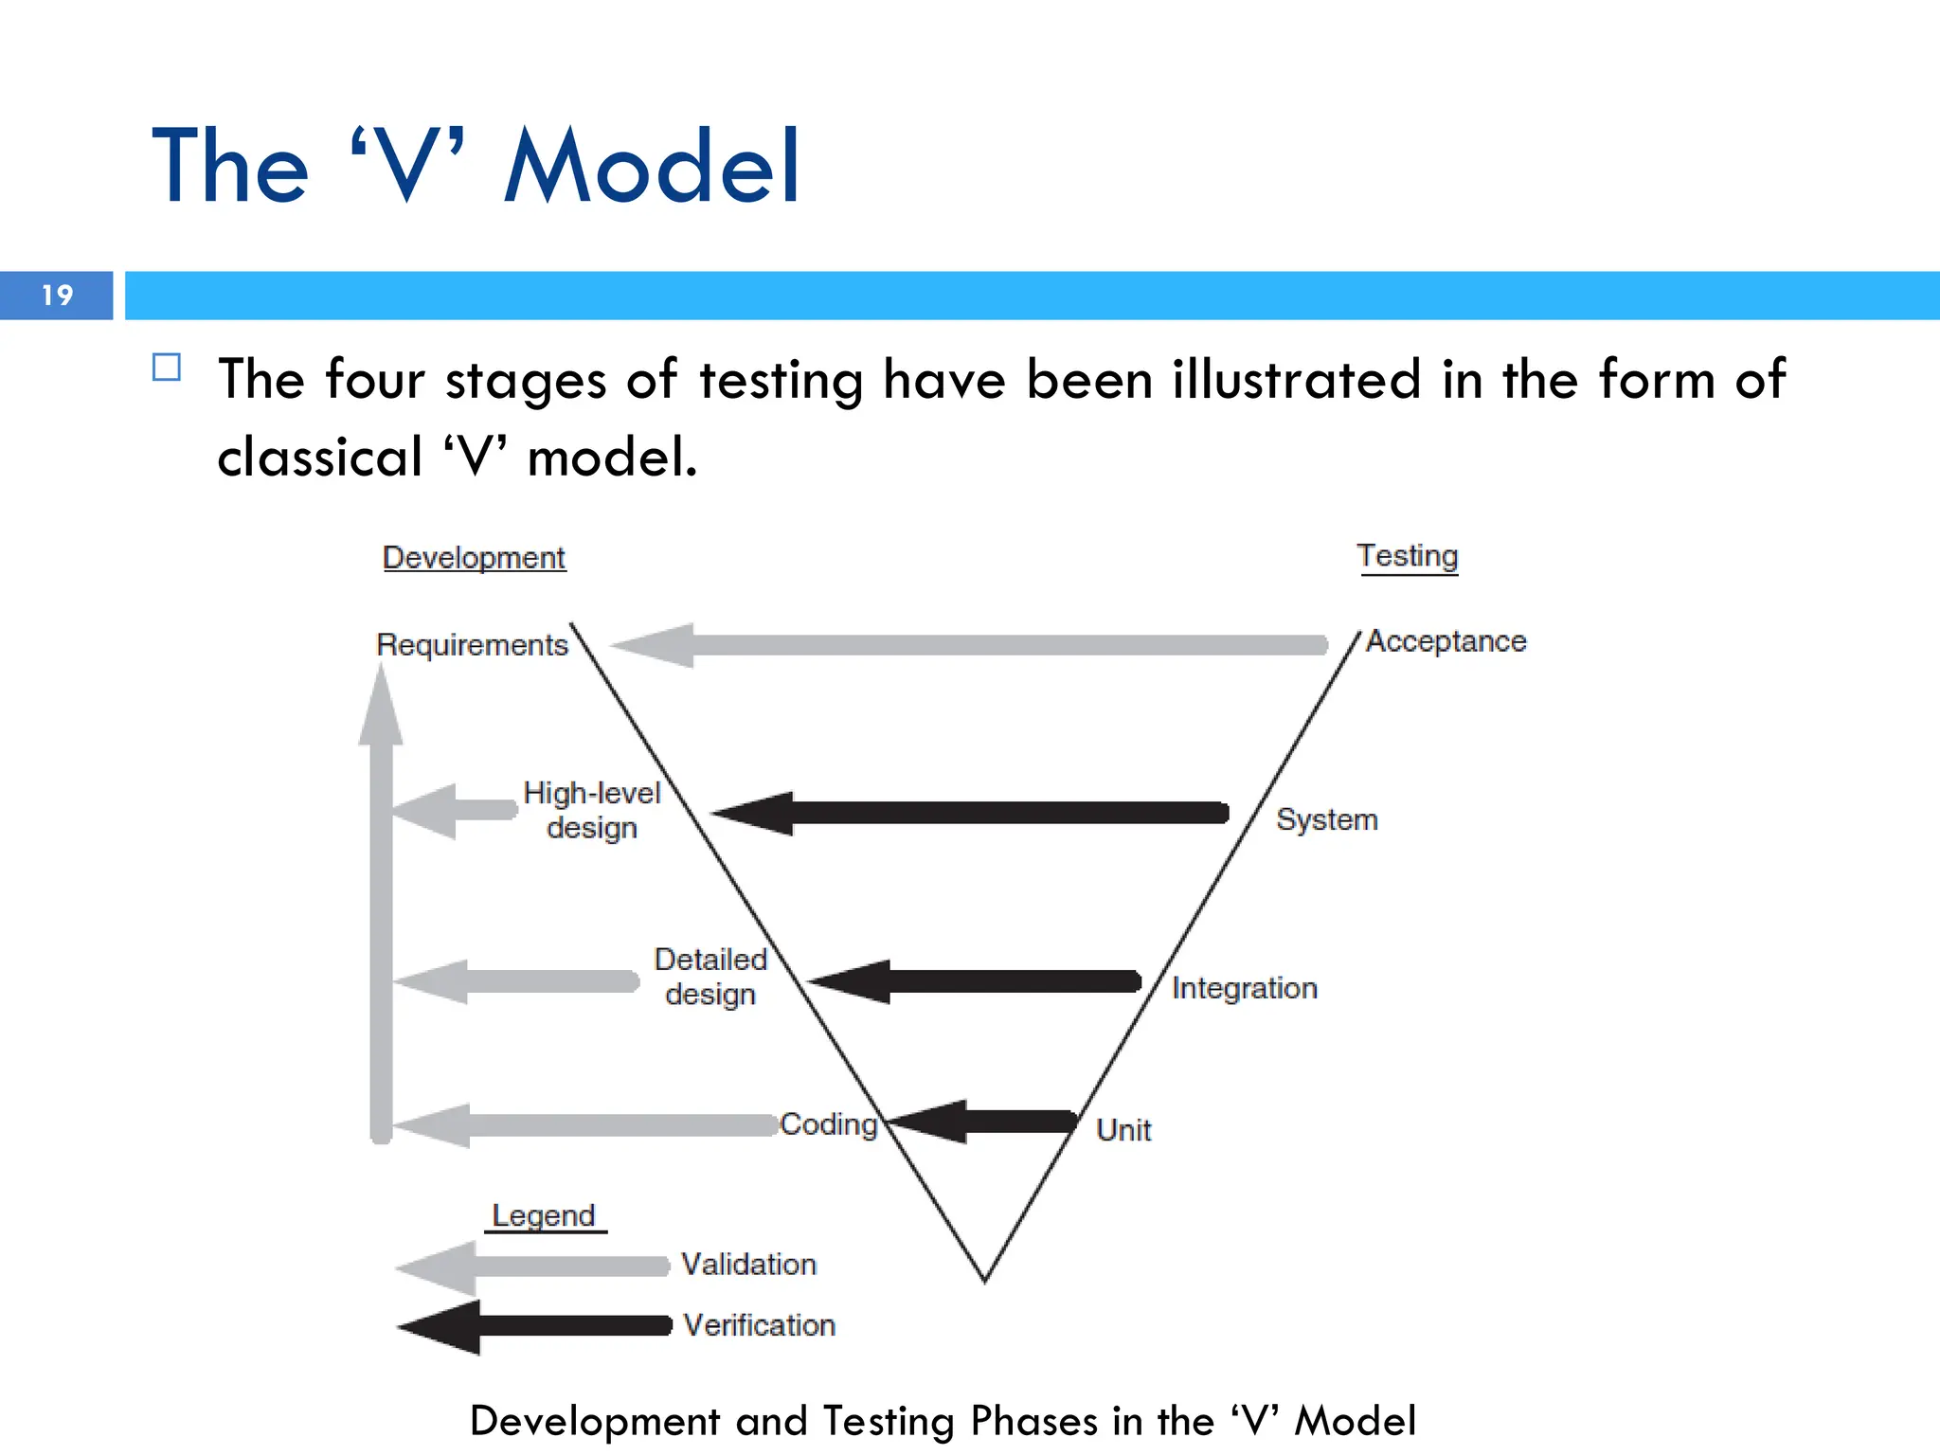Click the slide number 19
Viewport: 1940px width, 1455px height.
pyautogui.click(x=57, y=296)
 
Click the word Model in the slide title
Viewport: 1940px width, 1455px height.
pyautogui.click(x=653, y=168)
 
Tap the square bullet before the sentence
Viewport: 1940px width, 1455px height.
pyautogui.click(x=167, y=368)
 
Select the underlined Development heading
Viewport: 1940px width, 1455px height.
pyautogui.click(x=474, y=558)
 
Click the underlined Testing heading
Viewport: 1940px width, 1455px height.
pyautogui.click(x=1407, y=556)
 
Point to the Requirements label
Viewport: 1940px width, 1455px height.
pyautogui.click(x=472, y=645)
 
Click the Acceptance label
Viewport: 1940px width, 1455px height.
pyautogui.click(x=1446, y=642)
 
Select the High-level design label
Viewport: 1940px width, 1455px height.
pyautogui.click(x=592, y=810)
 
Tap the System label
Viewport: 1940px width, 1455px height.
pyautogui.click(x=1326, y=819)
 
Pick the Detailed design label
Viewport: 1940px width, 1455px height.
pyautogui.click(x=710, y=977)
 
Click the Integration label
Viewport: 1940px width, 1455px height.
pyautogui.click(x=1244, y=988)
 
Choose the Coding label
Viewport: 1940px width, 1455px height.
pyautogui.click(x=829, y=1124)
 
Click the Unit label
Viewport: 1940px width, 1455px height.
pyautogui.click(x=1123, y=1130)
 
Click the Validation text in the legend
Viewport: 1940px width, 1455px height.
pyautogui.click(x=748, y=1265)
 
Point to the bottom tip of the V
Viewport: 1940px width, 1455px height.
pyautogui.click(x=985, y=1279)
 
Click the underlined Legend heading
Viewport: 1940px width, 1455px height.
pyautogui.click(x=544, y=1215)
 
